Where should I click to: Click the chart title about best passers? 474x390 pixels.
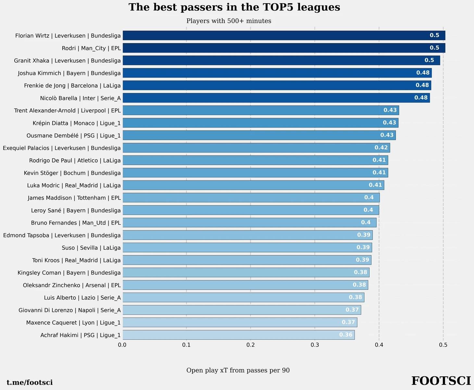tap(234, 7)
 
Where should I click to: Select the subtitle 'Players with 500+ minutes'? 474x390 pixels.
tap(229, 21)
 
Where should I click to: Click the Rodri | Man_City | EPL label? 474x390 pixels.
tap(91, 48)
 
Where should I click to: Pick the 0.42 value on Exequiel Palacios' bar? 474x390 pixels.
tap(381, 148)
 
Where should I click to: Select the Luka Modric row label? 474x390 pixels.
tap(74, 186)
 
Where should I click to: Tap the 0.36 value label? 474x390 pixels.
tap(346, 335)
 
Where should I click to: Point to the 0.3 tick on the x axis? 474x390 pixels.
tap(315, 345)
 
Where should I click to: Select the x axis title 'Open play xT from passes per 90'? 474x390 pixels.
tap(238, 371)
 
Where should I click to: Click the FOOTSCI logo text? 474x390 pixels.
tap(441, 381)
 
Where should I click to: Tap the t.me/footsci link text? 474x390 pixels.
tap(30, 383)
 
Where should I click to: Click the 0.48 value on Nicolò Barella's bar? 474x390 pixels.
tap(421, 98)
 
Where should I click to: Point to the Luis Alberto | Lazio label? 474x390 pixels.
tap(82, 298)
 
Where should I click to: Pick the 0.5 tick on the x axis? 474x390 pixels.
tap(443, 345)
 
